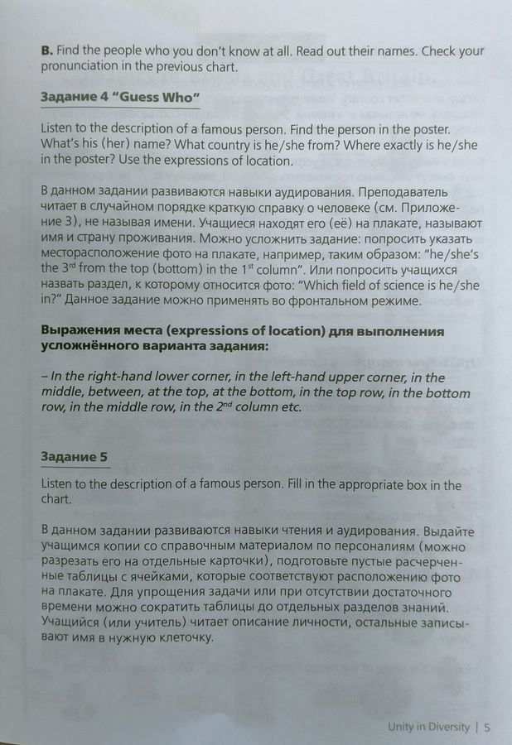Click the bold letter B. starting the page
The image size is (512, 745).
pos(46,50)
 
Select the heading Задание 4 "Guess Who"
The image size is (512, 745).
pos(120,98)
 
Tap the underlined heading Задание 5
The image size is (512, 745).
pos(74,456)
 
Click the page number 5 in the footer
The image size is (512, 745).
pos(488,728)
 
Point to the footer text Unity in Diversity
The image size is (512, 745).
pos(428,728)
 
